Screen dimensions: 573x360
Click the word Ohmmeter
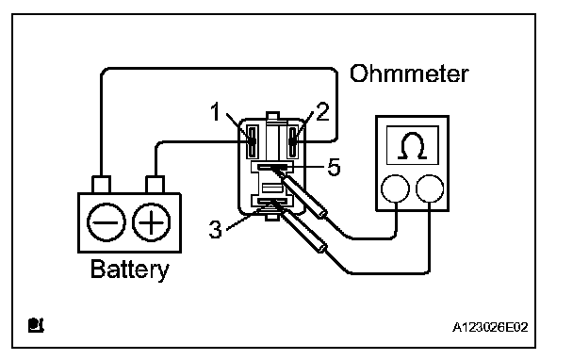pyautogui.click(x=409, y=74)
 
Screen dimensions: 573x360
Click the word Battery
pyautogui.click(x=130, y=270)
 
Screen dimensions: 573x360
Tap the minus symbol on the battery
pyautogui.click(x=106, y=222)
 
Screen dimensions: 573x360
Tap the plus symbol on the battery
pyautogui.click(x=151, y=222)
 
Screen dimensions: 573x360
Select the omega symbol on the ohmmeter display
pyautogui.click(x=413, y=145)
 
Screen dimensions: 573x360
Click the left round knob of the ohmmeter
pyautogui.click(x=395, y=188)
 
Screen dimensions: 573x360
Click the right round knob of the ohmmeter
pyautogui.click(x=430, y=188)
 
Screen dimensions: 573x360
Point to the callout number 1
pyautogui.click(x=216, y=111)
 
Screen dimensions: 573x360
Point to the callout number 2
pyautogui.click(x=322, y=111)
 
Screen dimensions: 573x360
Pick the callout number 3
pyautogui.click(x=215, y=230)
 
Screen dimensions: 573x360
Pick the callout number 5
pyautogui.click(x=334, y=168)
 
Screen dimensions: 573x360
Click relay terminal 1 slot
pyautogui.click(x=252, y=141)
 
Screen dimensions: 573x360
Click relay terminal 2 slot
pyautogui.click(x=293, y=141)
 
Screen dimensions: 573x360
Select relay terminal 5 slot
pyautogui.click(x=272, y=167)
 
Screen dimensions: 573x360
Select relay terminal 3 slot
pyautogui.click(x=272, y=201)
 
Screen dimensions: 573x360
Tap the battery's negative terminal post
pyautogui.click(x=101, y=185)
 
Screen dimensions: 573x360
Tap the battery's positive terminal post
pyautogui.click(x=155, y=185)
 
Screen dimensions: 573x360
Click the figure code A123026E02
pyautogui.click(x=490, y=327)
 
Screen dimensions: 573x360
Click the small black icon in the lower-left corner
pyautogui.click(x=36, y=325)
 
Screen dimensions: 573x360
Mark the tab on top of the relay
pyautogui.click(x=272, y=116)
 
